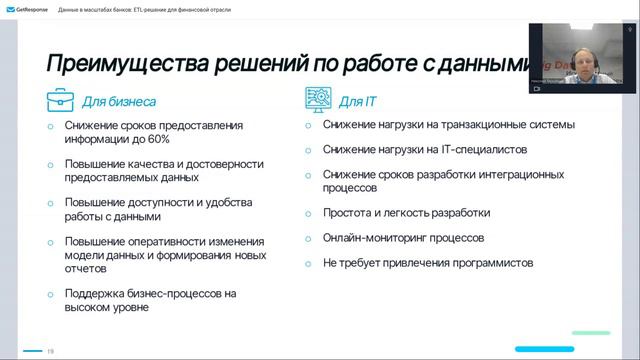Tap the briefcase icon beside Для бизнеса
[60, 100]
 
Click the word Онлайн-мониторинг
[367, 238]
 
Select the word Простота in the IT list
[346, 212]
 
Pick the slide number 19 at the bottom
[50, 350]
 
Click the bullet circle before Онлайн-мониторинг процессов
[308, 238]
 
